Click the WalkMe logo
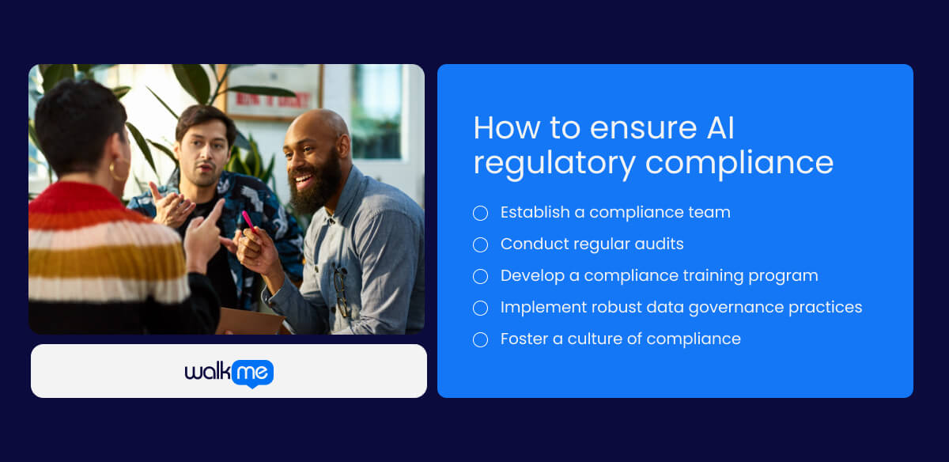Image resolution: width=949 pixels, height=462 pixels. click(229, 373)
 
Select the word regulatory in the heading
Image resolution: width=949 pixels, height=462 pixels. click(554, 162)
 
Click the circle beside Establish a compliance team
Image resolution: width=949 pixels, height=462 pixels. click(480, 213)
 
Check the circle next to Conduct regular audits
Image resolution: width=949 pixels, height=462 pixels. click(480, 244)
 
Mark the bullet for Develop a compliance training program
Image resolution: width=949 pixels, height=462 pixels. click(480, 276)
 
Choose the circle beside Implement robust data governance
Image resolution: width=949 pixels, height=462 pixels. click(480, 308)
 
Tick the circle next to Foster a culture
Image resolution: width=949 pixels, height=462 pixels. click(480, 339)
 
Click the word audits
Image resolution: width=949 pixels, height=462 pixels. click(656, 244)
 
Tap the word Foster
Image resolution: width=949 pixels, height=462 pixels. click(526, 339)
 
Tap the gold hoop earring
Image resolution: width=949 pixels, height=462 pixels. click(119, 169)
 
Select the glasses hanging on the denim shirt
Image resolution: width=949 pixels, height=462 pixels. click(341, 289)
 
